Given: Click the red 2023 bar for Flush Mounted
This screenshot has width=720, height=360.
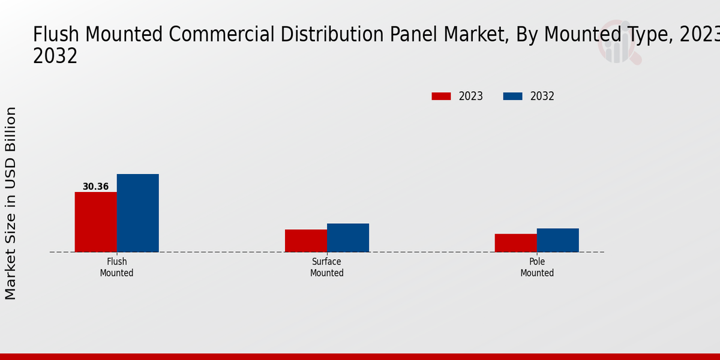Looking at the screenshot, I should pos(95,222).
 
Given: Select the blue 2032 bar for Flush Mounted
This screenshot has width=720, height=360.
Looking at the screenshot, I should pos(137,213).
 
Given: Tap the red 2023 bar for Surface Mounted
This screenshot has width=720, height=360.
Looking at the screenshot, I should pos(306,241).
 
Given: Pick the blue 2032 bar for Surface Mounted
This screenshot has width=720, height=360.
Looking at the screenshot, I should pos(348,238).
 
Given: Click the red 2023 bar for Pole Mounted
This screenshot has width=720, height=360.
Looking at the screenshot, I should pos(516,243).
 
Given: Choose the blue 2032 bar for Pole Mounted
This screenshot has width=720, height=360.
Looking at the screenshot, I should pos(558,240).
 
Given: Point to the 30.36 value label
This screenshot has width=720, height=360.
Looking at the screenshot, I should pos(95,187).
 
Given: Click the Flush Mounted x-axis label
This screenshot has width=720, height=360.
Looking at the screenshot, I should pos(116,268).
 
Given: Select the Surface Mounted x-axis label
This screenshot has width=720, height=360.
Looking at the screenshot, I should pos(326,268).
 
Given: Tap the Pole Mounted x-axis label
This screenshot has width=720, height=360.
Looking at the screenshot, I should pos(537,268).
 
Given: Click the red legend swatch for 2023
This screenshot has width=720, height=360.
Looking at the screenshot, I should pos(441,96).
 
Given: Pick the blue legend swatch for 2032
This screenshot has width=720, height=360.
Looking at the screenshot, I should pos(512,96).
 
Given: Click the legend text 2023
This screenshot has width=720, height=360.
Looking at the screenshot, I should pos(471,96).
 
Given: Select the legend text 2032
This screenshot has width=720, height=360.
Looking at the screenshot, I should pos(542,96).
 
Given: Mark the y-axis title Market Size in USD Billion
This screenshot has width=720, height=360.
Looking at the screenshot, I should pos(11,203).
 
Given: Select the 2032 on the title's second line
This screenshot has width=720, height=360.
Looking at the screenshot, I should pos(55,56).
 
